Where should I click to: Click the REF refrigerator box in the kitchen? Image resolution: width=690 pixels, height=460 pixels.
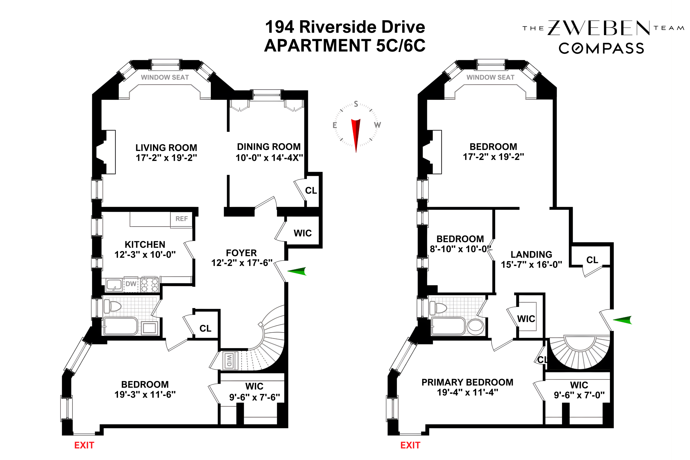(181, 219)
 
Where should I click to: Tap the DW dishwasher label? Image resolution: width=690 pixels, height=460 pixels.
(131, 284)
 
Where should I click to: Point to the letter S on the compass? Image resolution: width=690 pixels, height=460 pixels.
(356, 104)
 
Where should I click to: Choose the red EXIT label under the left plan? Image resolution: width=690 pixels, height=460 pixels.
(84, 445)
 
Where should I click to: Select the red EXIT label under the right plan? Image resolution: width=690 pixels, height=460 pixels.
(410, 445)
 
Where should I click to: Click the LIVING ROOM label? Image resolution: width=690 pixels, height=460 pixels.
(166, 148)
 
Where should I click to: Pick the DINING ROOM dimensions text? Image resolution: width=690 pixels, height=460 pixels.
(269, 158)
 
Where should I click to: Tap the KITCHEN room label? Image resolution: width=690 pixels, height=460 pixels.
(145, 244)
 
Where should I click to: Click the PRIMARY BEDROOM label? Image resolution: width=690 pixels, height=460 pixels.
(467, 382)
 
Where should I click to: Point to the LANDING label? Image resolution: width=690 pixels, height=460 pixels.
(531, 254)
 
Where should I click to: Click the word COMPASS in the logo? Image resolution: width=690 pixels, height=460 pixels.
(601, 48)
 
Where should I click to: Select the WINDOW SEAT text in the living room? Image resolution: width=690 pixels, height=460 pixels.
(165, 78)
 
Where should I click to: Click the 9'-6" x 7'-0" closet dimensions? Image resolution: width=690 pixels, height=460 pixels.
(579, 395)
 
